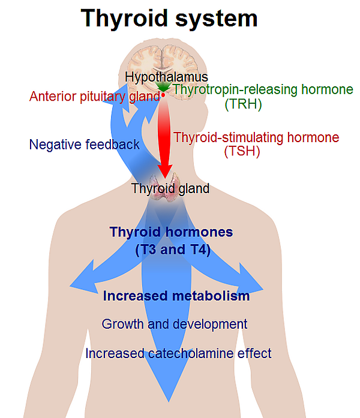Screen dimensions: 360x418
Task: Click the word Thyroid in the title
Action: pyautogui.click(x=124, y=19)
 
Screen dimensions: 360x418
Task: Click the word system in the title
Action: pyautogui.click(x=216, y=19)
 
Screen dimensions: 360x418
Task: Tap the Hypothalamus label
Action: pyautogui.click(x=166, y=77)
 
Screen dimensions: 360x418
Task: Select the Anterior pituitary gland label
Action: pyautogui.click(x=95, y=97)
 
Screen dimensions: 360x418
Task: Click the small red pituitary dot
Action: pyautogui.click(x=163, y=95)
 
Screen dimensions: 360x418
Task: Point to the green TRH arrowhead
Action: pyautogui.click(x=163, y=87)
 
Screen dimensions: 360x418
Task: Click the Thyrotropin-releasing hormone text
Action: pyautogui.click(x=263, y=89)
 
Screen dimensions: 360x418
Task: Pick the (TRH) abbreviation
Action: pyautogui.click(x=243, y=104)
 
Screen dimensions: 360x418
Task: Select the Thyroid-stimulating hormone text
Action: pyautogui.click(x=256, y=137)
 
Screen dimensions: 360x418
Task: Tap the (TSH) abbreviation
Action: pyautogui.click(x=242, y=151)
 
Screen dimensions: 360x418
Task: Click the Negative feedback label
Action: pyautogui.click(x=84, y=145)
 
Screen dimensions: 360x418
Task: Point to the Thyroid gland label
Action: pyautogui.click(x=170, y=188)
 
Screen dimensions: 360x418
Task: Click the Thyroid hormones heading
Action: pyautogui.click(x=171, y=232)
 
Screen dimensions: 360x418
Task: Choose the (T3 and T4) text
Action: pyautogui.click(x=173, y=250)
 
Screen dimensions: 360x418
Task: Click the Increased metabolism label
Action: pyautogui.click(x=176, y=296)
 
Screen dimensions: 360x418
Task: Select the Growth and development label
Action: pyautogui.click(x=175, y=324)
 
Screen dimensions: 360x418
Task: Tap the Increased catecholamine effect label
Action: pyautogui.click(x=178, y=353)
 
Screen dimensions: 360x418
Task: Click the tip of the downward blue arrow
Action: pyautogui.click(x=169, y=401)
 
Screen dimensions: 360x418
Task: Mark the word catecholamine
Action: pyautogui.click(x=191, y=353)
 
